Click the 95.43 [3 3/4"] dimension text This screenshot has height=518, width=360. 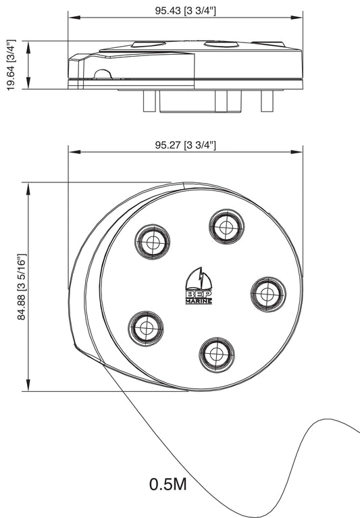185,10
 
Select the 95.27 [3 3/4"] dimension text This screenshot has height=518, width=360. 185,145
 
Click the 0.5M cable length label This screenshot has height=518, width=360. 168,484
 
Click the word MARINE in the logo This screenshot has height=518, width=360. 199,301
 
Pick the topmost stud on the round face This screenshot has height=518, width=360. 226,226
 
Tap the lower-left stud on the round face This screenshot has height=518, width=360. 145,328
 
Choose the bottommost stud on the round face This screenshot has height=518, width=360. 217,353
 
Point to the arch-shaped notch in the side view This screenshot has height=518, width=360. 103,75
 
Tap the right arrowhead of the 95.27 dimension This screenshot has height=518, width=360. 299,153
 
